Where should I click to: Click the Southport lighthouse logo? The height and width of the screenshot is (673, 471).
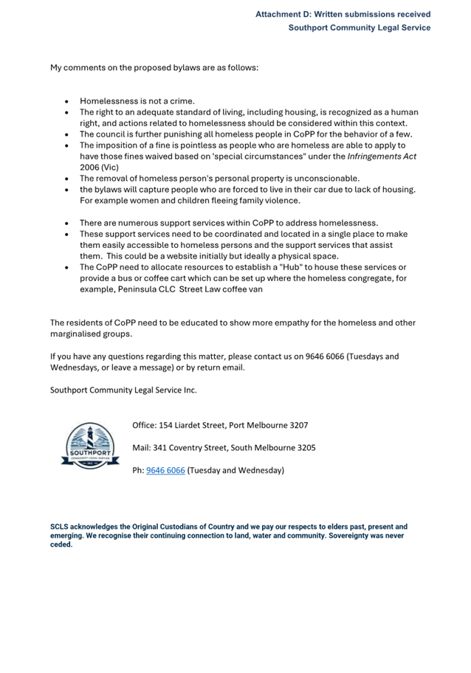[89, 446]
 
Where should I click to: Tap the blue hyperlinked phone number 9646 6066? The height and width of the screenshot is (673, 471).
[165, 470]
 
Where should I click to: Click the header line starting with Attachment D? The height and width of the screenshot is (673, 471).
[343, 14]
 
